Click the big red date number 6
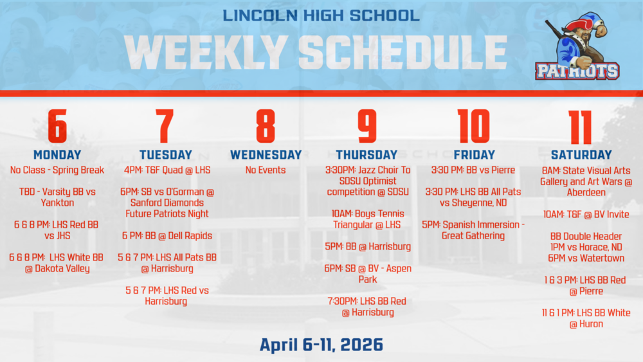coord(57,126)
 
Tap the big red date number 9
coord(367,126)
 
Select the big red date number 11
coord(581,126)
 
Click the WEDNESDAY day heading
coord(266,155)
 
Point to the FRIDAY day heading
coord(474,155)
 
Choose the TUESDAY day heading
coord(165,155)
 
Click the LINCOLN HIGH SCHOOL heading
coord(321,15)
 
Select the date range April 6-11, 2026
coord(321,344)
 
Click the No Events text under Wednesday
coord(266,170)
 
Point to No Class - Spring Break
coord(57,170)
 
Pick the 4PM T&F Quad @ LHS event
coord(167,170)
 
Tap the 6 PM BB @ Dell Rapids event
coord(167,236)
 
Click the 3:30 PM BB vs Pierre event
coord(473,170)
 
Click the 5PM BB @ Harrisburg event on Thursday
coord(368,246)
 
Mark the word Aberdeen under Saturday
coord(586,192)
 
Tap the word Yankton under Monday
coord(57,203)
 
